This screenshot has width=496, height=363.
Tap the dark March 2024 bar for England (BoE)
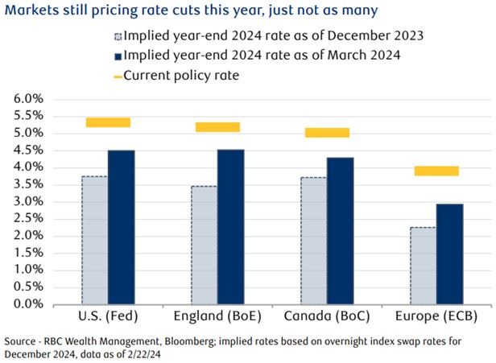tap(230, 226)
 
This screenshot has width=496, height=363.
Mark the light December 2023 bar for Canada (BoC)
tap(313, 241)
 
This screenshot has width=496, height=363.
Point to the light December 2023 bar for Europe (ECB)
tap(423, 266)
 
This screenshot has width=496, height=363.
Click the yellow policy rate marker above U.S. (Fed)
tap(108, 122)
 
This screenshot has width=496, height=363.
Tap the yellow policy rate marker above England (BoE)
tap(217, 127)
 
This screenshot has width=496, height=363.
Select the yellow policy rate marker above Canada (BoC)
tap(327, 133)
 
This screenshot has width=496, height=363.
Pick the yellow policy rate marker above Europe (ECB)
tap(436, 171)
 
